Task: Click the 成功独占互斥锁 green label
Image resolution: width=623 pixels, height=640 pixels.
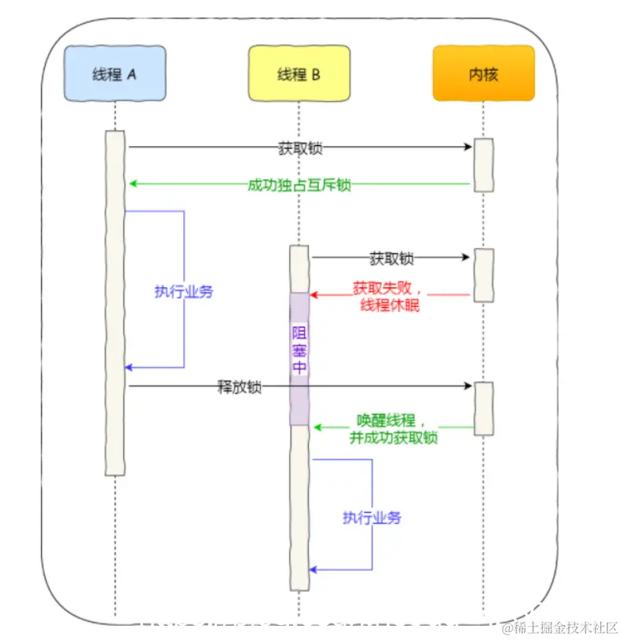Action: (x=299, y=185)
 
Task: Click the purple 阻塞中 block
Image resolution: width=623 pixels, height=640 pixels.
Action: (x=299, y=349)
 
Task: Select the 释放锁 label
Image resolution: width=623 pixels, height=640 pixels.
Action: (x=239, y=386)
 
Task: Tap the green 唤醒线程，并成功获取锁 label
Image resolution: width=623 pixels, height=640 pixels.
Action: (x=393, y=429)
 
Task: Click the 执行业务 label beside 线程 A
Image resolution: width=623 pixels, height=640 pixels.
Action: (x=184, y=291)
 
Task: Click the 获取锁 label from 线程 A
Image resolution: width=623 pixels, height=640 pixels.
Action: (x=299, y=147)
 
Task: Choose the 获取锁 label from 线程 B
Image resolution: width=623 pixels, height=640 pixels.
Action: (x=391, y=258)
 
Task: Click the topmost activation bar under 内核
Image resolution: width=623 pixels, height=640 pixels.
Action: (x=483, y=165)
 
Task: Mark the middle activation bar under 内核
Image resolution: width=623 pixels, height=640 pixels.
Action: (x=483, y=275)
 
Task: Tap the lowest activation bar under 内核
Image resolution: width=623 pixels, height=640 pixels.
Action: (x=483, y=408)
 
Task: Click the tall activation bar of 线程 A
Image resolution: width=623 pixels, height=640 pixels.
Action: (x=115, y=302)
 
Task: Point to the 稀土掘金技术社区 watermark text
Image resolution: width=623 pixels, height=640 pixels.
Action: (x=560, y=627)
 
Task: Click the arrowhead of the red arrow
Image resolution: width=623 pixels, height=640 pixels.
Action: (x=314, y=295)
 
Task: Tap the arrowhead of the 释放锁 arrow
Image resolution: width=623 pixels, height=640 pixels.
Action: (x=468, y=386)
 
